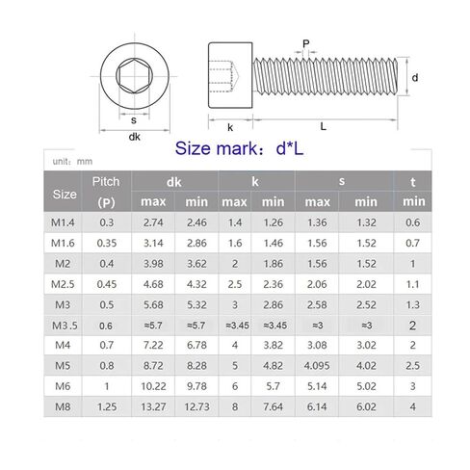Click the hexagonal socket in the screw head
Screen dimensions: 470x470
134,76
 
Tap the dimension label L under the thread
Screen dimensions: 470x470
324,126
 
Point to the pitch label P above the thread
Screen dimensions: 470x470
306,43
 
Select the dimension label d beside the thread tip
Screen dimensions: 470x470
415,77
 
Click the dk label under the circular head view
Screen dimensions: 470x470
134,137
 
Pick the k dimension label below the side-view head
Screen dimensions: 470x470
230,127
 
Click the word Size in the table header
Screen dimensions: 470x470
65,195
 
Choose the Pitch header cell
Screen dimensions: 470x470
106,192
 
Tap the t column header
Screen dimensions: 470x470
413,182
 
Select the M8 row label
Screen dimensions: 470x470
63,406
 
